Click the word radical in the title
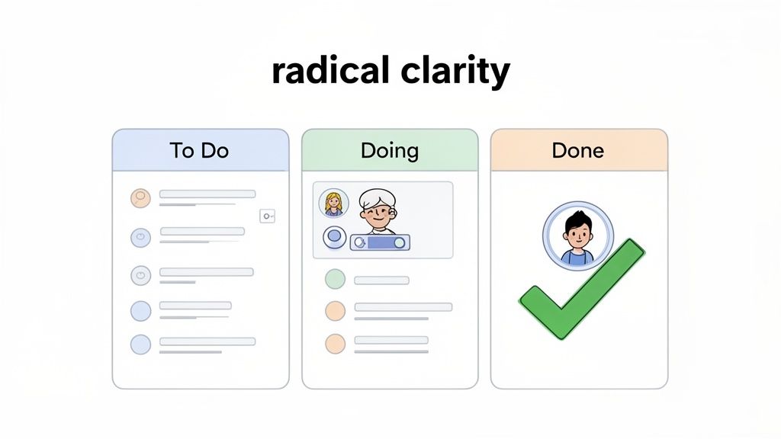(332, 72)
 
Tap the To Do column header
(200, 150)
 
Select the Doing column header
(390, 150)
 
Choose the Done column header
(578, 150)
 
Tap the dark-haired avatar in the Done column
(577, 237)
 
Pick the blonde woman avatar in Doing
(333, 203)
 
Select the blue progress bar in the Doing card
(380, 243)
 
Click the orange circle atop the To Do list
(141, 198)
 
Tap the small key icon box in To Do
(267, 216)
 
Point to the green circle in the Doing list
(335, 279)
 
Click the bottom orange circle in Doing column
(335, 343)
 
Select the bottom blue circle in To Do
(141, 344)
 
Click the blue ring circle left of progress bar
(333, 238)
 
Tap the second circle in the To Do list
(141, 236)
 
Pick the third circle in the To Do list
(141, 275)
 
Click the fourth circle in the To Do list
(141, 310)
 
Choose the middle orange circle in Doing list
(335, 310)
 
